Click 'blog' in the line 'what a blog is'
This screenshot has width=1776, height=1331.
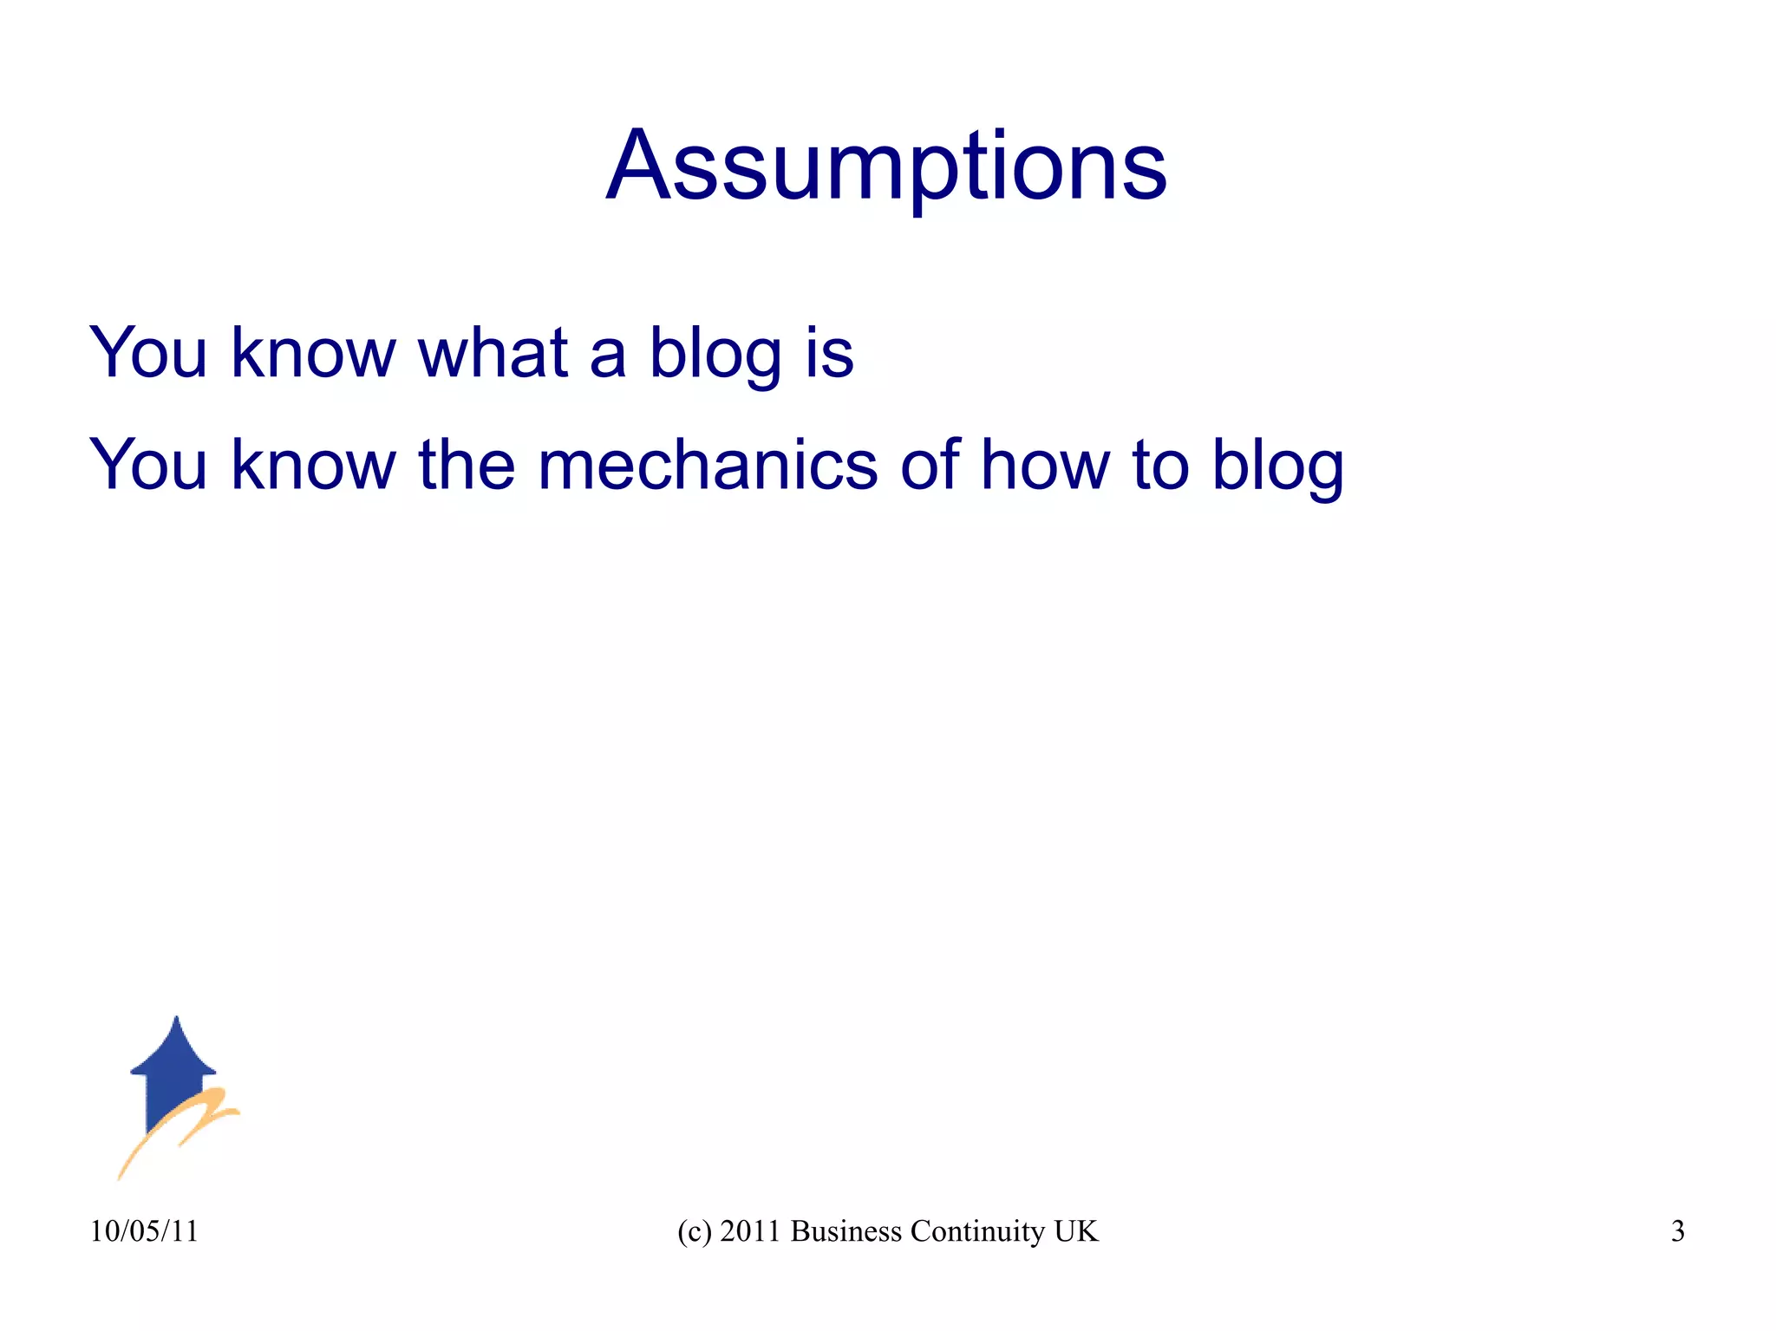[x=715, y=354]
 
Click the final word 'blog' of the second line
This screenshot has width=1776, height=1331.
[x=1277, y=466]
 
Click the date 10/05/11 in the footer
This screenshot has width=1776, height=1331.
[x=144, y=1231]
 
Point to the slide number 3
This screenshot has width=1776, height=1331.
[x=1678, y=1231]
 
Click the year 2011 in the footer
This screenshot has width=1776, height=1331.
[x=750, y=1231]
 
